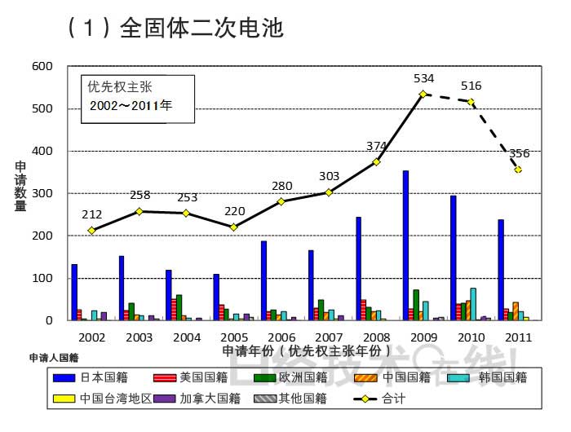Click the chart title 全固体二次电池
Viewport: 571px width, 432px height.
201,29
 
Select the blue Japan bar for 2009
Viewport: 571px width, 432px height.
405,245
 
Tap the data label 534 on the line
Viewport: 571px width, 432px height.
423,79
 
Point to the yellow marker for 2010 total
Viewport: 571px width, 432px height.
471,102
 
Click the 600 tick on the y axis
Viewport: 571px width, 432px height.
42,66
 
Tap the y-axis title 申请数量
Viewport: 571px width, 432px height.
20,187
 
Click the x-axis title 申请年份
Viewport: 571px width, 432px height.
301,350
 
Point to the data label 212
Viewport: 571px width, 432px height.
92,214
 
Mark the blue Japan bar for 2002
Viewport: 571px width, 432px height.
74,292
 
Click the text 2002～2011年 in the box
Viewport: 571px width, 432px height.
131,106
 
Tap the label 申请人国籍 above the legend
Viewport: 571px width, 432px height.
54,358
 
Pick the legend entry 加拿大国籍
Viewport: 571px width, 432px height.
212,399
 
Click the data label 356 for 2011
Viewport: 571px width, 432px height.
520,153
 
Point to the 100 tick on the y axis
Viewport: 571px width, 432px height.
42,278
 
